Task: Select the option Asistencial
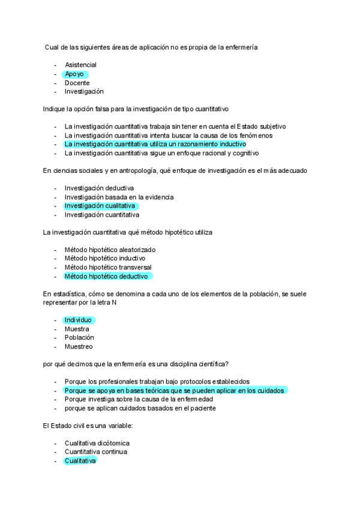pyautogui.click(x=80, y=65)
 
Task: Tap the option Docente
pyautogui.click(x=77, y=83)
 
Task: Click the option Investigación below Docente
pyautogui.click(x=84, y=92)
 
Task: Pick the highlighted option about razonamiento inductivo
pyautogui.click(x=155, y=145)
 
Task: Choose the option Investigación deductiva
pyautogui.click(x=99, y=188)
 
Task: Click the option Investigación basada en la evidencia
pyautogui.click(x=119, y=197)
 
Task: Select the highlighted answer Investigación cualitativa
pyautogui.click(x=100, y=206)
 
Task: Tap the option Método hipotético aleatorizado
pyautogui.click(x=110, y=250)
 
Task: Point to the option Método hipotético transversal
pyautogui.click(x=108, y=267)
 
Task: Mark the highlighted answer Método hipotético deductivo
pyautogui.click(x=106, y=276)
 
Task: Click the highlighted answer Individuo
pyautogui.click(x=79, y=320)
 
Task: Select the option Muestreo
pyautogui.click(x=79, y=346)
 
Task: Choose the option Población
pyautogui.click(x=79, y=337)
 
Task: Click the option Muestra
pyautogui.click(x=77, y=329)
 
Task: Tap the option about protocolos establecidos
pyautogui.click(x=157, y=381)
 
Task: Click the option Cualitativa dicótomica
pyautogui.click(x=97, y=443)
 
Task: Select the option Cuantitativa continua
pyautogui.click(x=96, y=451)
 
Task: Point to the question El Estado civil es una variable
pyautogui.click(x=88, y=425)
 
